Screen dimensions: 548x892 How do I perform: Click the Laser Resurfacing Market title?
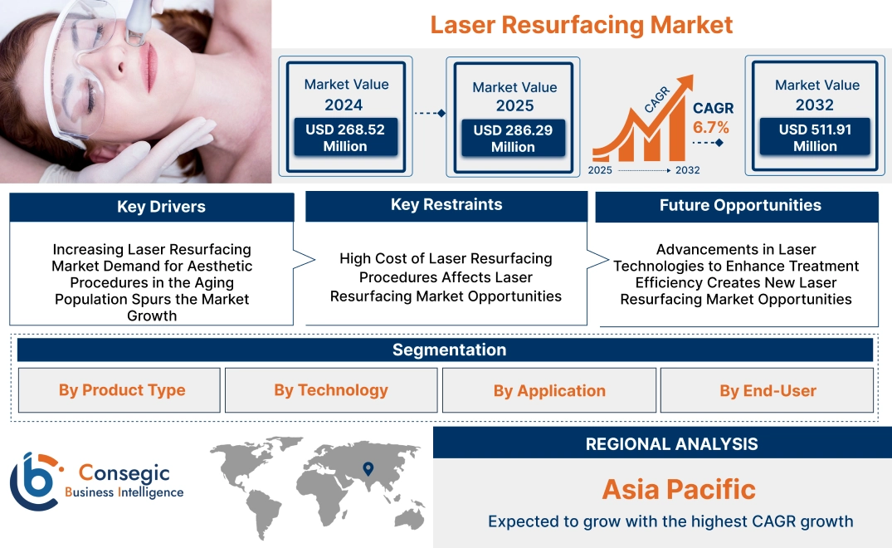581,24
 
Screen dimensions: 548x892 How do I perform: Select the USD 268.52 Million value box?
344,138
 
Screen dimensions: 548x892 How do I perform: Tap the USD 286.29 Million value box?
513,139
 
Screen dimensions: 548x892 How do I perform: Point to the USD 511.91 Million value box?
815,137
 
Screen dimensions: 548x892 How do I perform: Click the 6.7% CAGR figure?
711,128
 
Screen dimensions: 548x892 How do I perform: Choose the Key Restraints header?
446,205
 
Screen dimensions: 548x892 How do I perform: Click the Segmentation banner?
449,350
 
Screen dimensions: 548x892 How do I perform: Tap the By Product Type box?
122,390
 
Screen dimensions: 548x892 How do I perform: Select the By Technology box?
331,390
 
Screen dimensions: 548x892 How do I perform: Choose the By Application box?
549,390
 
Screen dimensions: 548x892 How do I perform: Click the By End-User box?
768,390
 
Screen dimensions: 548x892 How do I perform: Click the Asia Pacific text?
679,489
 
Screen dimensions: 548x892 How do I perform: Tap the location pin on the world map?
368,469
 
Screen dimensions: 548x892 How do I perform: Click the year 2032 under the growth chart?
687,170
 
